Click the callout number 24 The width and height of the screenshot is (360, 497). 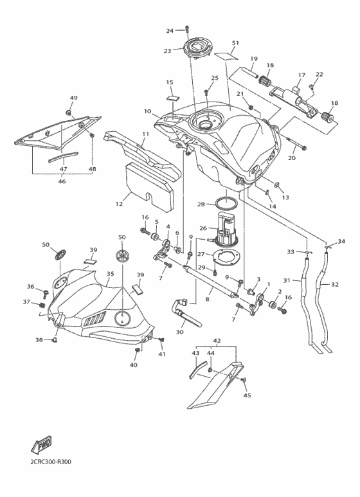coord(170,31)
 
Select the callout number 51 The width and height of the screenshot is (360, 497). coord(235,43)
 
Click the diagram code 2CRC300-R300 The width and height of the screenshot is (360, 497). coord(51,461)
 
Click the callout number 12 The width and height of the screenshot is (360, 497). coord(119,204)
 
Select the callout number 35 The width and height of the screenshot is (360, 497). coord(110,274)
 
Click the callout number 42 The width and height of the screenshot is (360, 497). coord(217,341)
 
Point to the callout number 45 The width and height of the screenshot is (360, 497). coord(247,395)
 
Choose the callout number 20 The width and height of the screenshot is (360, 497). coord(291,158)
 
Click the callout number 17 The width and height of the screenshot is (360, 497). coord(300,75)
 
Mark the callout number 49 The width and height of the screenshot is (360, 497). coord(73,98)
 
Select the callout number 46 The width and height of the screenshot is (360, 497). coord(63,182)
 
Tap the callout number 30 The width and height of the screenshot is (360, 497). coord(179,332)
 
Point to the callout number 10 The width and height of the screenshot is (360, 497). coord(148,112)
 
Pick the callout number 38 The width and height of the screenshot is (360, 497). coord(39,339)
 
